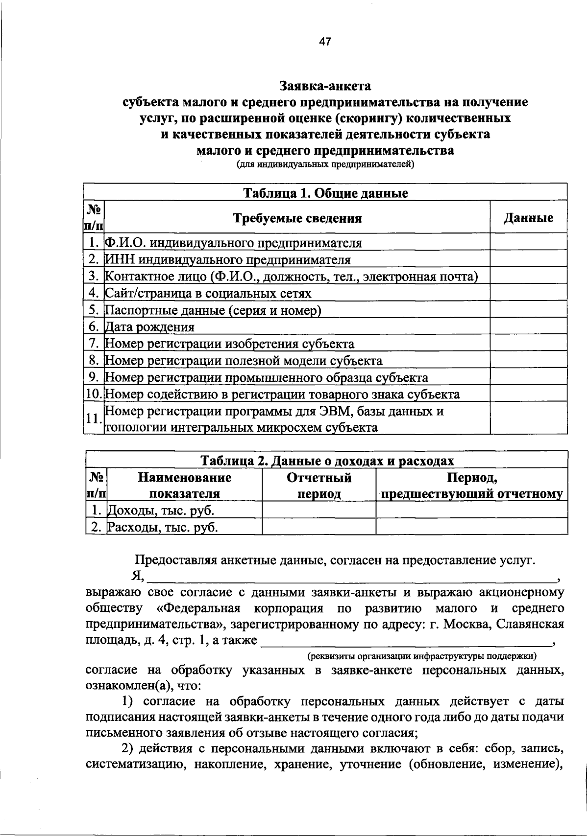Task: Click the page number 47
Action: click(x=325, y=42)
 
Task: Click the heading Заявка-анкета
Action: click(x=325, y=86)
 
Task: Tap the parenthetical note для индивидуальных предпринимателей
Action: click(x=325, y=164)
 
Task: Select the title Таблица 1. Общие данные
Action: click(x=325, y=193)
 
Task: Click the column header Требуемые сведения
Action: click(x=297, y=218)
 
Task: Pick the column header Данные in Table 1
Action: click(x=528, y=218)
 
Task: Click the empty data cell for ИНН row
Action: click(x=528, y=259)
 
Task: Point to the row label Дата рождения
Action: click(x=150, y=327)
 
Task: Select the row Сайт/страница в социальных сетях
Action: click(x=208, y=293)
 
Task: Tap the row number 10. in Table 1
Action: click(x=93, y=395)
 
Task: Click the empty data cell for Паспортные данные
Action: click(x=528, y=310)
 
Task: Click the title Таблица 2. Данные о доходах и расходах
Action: click(x=327, y=461)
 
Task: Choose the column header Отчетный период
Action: click(x=319, y=485)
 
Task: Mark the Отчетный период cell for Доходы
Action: click(x=319, y=511)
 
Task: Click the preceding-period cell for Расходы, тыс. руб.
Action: click(x=471, y=527)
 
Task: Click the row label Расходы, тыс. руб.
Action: click(x=162, y=528)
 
